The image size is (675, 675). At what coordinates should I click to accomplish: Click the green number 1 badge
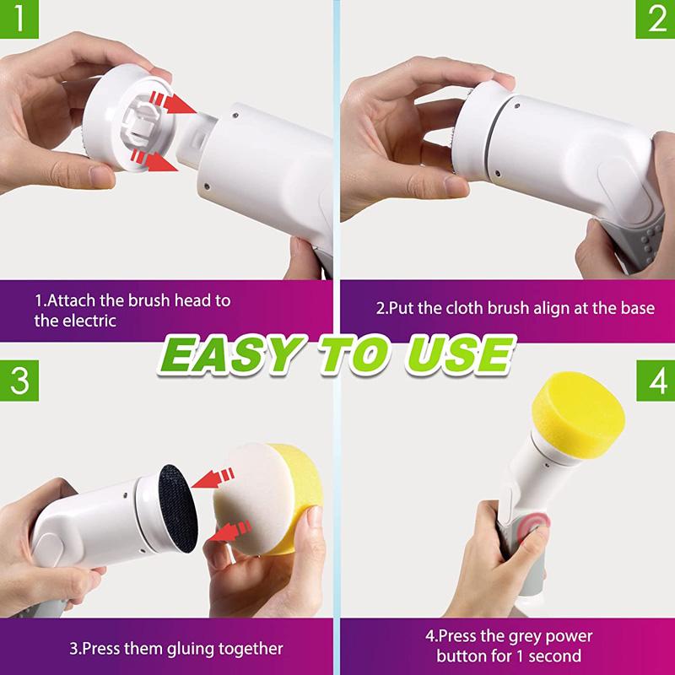(19, 19)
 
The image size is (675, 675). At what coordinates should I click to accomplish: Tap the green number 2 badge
(656, 19)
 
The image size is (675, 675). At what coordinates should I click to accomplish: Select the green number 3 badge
(19, 381)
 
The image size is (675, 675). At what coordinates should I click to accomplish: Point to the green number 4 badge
(656, 381)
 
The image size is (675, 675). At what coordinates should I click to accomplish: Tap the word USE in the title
(460, 354)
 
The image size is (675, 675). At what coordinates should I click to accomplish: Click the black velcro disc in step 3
(178, 508)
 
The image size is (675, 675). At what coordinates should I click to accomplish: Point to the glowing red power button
(534, 526)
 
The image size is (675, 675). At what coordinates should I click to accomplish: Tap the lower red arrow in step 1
(154, 159)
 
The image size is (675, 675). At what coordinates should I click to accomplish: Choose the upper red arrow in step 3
(213, 478)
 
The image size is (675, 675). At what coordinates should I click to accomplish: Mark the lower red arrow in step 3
(229, 532)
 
